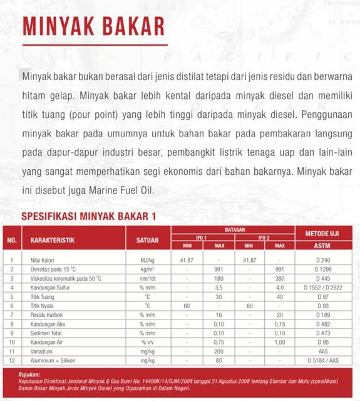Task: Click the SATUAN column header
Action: pos(148,240)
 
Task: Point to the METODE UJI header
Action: pos(322,233)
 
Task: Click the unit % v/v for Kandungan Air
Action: pos(148,343)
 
